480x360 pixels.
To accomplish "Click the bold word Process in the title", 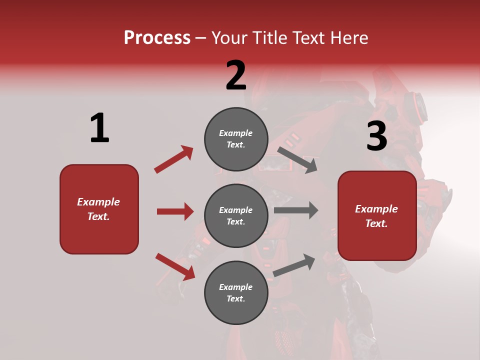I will [157, 38].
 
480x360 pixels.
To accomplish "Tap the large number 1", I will [99, 128].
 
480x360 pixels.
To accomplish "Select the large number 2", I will [236, 75].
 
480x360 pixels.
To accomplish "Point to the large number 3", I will [376, 136].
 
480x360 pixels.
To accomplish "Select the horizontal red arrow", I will [175, 211].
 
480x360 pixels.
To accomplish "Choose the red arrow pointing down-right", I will [175, 266].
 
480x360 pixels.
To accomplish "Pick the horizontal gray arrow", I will [296, 210].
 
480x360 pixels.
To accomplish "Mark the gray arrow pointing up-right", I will [294, 265].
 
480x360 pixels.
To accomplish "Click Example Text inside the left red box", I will [98, 209].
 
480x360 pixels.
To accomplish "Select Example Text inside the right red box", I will [376, 216].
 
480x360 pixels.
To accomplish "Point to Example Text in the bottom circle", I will [236, 292].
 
